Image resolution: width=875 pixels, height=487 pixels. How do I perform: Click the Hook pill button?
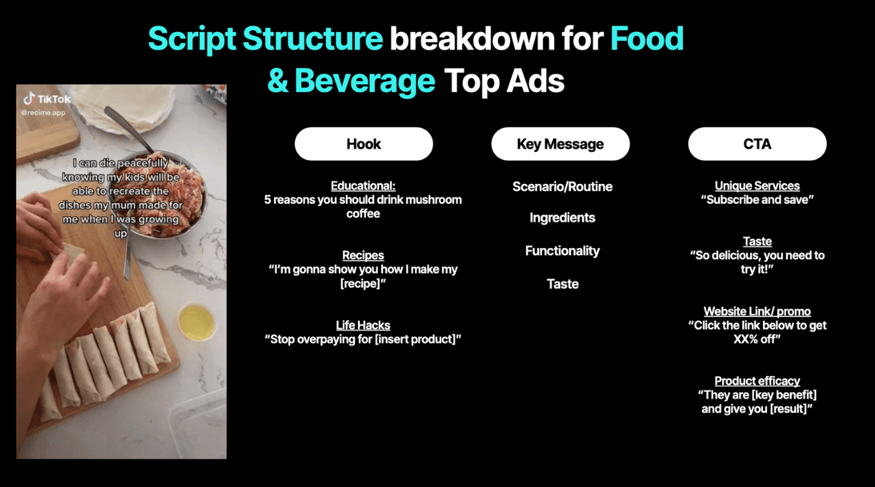[363, 144]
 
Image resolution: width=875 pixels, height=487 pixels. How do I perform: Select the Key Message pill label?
[560, 144]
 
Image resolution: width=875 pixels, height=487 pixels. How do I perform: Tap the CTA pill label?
[757, 144]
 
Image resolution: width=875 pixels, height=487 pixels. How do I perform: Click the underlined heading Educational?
[363, 186]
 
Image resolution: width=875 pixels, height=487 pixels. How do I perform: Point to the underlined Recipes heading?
[363, 255]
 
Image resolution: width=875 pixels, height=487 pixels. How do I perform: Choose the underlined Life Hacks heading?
[363, 325]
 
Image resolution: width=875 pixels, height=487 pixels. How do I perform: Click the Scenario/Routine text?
[562, 186]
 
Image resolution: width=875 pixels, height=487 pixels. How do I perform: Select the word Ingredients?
[562, 218]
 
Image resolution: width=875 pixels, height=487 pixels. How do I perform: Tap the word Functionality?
[562, 251]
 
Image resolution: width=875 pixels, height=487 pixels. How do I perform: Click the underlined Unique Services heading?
[757, 186]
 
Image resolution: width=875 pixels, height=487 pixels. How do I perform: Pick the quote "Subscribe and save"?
[757, 200]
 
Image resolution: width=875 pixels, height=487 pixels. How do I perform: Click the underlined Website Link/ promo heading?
[757, 311]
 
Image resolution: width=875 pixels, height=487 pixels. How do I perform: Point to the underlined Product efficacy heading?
[757, 381]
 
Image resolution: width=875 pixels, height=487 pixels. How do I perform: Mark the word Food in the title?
[647, 40]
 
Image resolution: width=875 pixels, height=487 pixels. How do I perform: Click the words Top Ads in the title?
[505, 81]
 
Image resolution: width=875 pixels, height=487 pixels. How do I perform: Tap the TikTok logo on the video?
[47, 99]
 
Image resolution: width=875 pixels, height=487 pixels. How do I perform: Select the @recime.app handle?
[44, 113]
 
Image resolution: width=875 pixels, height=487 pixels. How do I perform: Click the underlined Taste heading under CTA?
[757, 242]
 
